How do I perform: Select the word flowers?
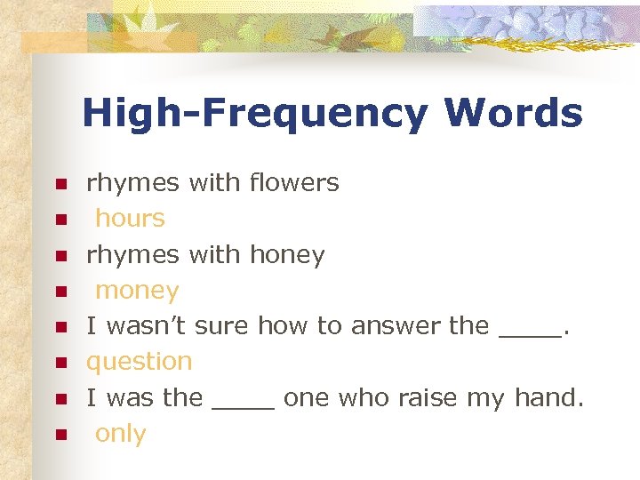294,183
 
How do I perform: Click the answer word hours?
130,219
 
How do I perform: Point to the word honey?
287,255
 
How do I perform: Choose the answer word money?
137,291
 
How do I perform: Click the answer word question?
139,362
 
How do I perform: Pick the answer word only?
120,434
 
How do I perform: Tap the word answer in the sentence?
396,326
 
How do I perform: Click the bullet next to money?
60,292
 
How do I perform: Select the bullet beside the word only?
60,435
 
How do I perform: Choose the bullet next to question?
60,363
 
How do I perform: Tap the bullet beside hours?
60,220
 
